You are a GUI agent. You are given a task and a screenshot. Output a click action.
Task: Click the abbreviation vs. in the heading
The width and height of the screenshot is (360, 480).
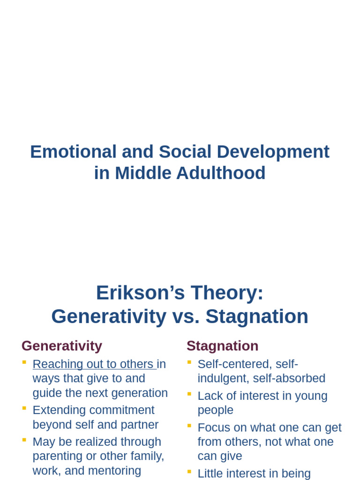coord(186,316)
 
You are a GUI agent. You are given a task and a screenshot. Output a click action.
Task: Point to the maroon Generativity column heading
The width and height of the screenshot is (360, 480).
coord(62,346)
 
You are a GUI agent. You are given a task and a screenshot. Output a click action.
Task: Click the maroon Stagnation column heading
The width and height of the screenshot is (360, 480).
coord(222,346)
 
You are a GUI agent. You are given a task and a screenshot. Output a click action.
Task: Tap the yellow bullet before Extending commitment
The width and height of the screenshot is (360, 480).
coord(24,409)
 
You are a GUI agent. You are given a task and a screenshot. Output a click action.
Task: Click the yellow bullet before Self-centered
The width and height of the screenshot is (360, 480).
coord(189,362)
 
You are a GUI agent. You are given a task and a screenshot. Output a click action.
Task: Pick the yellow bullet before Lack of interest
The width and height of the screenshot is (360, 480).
coord(189,394)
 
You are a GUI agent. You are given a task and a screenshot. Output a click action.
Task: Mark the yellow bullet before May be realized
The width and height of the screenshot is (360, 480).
coord(24,440)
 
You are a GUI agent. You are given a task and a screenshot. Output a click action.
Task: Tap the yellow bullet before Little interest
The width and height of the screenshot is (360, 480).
coord(189,472)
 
